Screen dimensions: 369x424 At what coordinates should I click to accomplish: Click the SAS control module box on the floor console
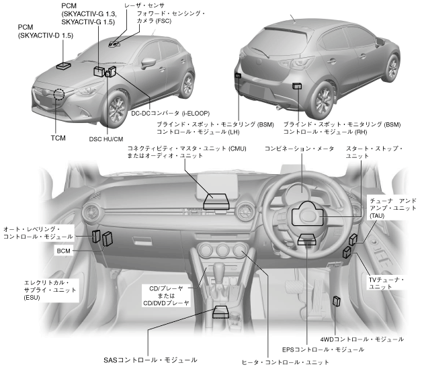pyautogui.click(x=220, y=311)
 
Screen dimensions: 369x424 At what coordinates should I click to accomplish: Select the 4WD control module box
pyautogui.click(x=337, y=300)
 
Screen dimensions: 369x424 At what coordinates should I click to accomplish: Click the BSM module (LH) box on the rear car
pyautogui.click(x=238, y=75)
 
